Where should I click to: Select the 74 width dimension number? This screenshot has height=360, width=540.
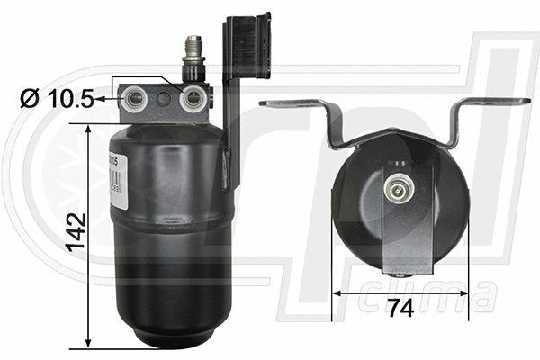click(400, 308)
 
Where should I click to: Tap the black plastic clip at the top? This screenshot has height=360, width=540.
click(247, 45)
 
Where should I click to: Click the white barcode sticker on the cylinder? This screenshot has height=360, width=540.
click(113, 175)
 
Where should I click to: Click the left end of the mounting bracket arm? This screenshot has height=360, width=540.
click(270, 103)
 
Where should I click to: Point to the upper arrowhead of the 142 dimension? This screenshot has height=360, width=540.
click(88, 130)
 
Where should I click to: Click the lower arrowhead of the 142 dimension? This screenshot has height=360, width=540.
click(88, 341)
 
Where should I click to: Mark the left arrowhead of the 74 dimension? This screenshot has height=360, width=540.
click(337, 292)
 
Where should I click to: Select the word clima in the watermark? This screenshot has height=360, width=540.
click(440, 296)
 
